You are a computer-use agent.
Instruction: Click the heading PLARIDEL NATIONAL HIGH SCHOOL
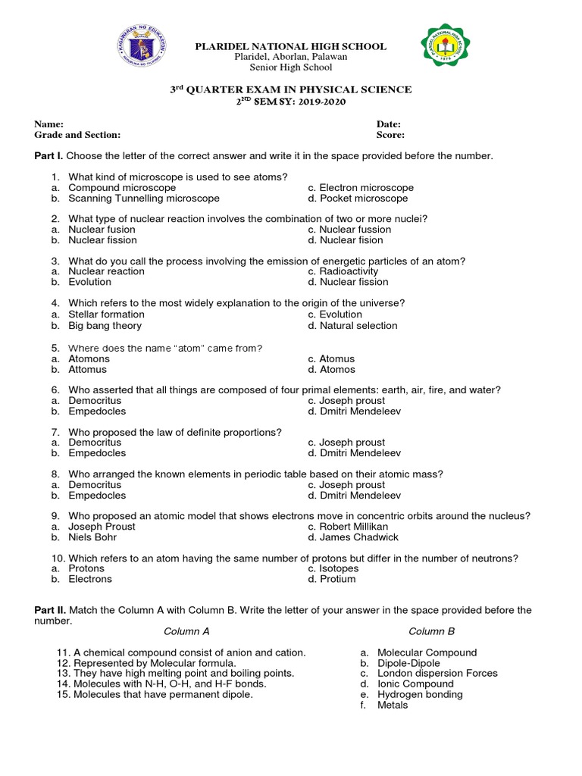pos(291,46)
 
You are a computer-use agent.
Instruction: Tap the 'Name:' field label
pos(48,124)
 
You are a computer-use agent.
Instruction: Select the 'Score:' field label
pos(390,135)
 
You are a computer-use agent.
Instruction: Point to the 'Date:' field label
pos(388,124)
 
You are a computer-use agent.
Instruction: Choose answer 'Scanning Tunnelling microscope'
pos(144,199)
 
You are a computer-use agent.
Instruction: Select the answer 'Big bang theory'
pos(105,326)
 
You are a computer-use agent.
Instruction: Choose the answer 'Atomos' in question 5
pos(336,370)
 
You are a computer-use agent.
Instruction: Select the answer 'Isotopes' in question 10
pos(339,568)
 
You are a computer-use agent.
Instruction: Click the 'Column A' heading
pos(186,631)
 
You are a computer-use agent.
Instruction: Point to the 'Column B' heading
pos(431,631)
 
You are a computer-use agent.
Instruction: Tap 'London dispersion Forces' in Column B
pos(437,673)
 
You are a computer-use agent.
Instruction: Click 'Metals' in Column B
pos(393,705)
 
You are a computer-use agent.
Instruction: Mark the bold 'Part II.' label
pos(50,610)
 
